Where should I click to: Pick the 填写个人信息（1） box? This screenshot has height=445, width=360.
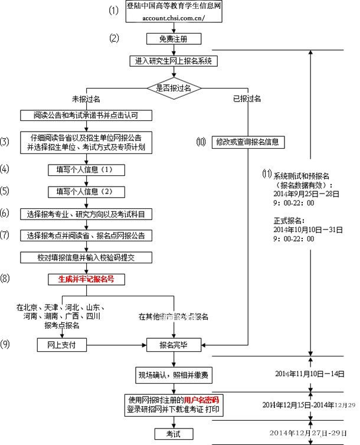tap(87, 170)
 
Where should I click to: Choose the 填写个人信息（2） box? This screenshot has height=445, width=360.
tap(87, 192)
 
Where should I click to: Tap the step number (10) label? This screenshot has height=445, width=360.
tap(201, 142)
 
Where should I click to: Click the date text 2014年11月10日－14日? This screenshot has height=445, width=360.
tap(310, 374)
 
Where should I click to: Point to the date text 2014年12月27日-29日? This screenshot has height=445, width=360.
tap(310, 433)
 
